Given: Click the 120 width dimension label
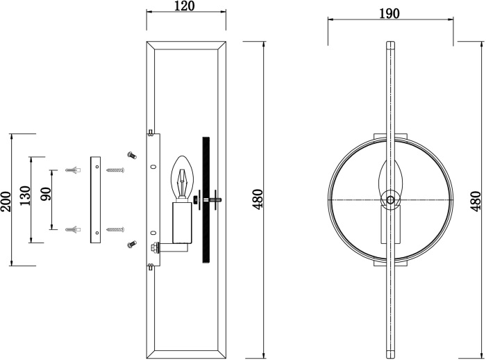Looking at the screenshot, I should coord(185,7).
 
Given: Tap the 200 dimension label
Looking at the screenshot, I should coord(7,201).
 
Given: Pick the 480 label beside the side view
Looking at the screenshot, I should coord(258,200).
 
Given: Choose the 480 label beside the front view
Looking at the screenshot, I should coord(476,200).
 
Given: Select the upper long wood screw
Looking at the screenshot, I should coord(115,170).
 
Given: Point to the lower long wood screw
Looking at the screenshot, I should coord(115,229).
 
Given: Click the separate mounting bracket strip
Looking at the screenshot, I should coord(95,199).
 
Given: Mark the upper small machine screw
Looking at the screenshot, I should coord(129,154).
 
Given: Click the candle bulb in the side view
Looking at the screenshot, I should coord(182,176).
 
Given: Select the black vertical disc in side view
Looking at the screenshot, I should coord(205,200).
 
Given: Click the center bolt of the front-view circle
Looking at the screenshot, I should coord(391,200).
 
